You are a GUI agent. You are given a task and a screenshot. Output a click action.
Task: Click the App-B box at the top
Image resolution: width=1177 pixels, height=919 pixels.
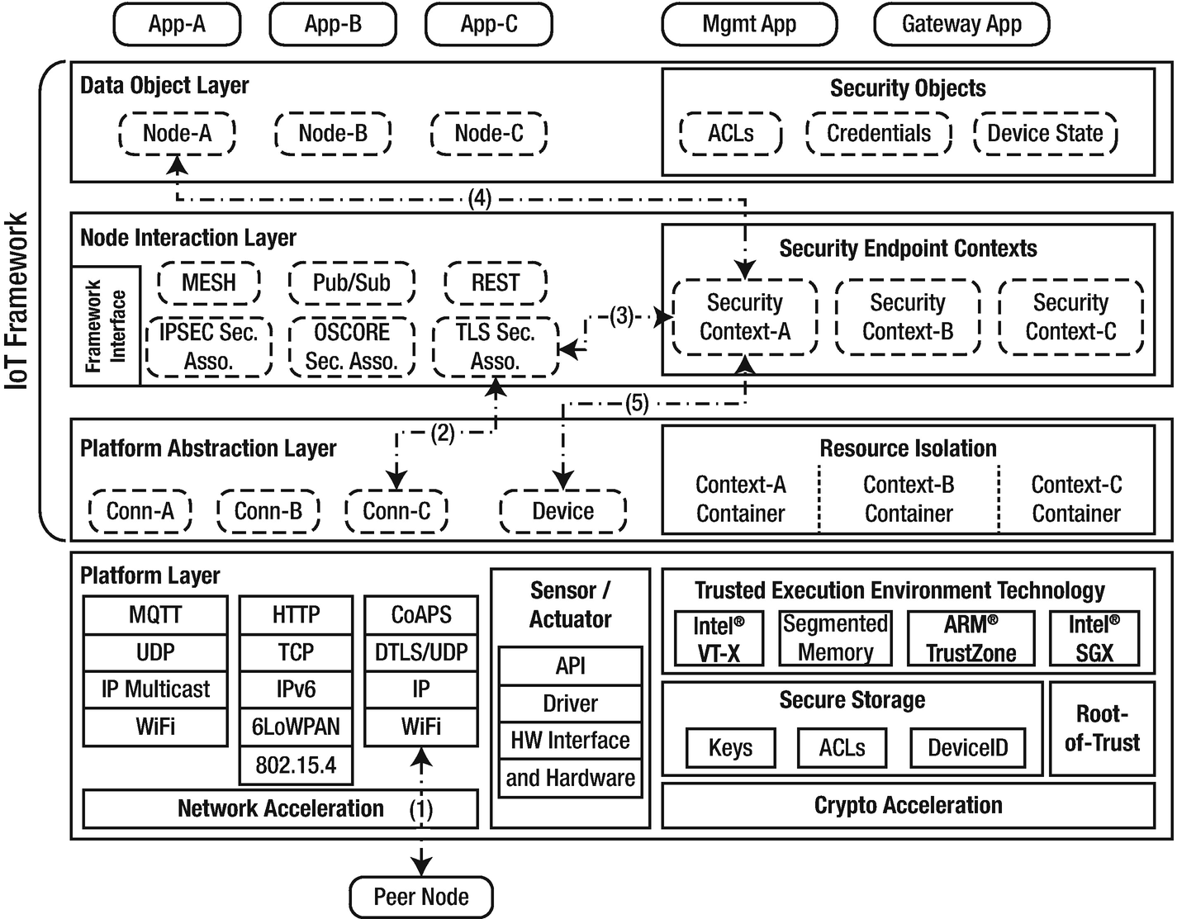[333, 25]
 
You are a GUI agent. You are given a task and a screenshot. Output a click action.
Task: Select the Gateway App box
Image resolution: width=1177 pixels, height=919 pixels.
[961, 25]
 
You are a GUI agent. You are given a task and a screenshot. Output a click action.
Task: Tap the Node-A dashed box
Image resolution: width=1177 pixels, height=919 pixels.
[177, 133]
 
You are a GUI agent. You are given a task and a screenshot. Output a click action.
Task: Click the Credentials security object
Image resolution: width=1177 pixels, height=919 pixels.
[879, 134]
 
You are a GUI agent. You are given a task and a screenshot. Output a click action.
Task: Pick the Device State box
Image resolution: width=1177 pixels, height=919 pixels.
[1045, 134]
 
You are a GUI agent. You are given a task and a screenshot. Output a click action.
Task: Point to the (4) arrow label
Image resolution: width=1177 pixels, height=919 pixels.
[480, 198]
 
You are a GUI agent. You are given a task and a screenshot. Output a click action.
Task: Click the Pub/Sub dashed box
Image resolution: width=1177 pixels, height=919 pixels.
[351, 283]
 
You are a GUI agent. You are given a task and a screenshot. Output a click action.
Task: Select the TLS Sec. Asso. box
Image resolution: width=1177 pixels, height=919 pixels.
[495, 347]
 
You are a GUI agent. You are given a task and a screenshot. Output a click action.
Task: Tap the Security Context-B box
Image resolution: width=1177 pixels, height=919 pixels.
[908, 317]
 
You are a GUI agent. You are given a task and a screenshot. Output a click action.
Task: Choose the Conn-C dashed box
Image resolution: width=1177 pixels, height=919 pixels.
[396, 511]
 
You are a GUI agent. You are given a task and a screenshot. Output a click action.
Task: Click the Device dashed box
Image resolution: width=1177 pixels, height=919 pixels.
[562, 511]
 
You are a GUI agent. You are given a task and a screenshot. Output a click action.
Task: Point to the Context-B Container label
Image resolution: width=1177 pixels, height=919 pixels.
[909, 499]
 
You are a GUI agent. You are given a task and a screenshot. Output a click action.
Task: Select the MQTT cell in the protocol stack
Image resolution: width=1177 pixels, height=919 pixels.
[155, 615]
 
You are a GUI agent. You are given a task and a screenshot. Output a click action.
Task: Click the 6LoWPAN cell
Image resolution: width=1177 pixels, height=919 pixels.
[296, 727]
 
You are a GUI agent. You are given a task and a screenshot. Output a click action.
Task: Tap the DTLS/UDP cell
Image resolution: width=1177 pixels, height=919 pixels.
[421, 652]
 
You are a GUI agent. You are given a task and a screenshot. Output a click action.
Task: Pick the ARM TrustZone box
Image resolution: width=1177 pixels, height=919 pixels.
[971, 638]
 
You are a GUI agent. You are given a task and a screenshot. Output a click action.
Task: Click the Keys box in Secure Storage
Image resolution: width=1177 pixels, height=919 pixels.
[730, 748]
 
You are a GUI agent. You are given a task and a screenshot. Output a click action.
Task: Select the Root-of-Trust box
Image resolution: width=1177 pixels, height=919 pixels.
[1102, 728]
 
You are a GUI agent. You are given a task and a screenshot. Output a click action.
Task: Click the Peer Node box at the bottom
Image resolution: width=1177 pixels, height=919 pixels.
[421, 897]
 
